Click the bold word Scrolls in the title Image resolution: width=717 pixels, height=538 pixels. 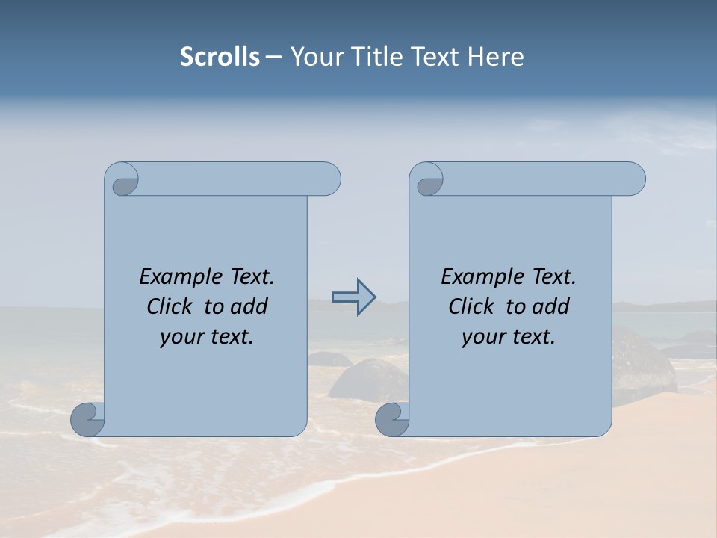tap(220, 57)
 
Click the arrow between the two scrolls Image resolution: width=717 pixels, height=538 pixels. tap(353, 297)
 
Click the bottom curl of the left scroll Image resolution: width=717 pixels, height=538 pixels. tap(87, 419)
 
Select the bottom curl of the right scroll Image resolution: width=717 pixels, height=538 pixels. tap(391, 419)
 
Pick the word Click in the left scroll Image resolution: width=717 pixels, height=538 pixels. tap(171, 307)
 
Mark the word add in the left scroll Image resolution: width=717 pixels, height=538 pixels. tap(250, 307)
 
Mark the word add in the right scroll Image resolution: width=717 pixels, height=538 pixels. tap(552, 307)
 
